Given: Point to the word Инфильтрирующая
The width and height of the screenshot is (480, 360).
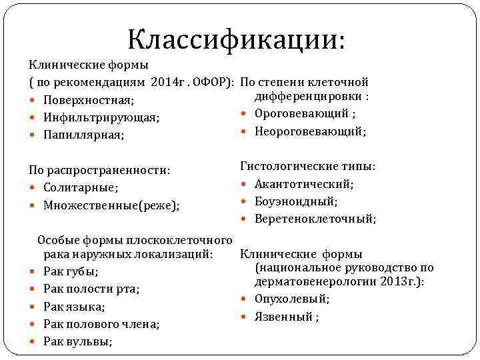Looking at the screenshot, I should [101, 117].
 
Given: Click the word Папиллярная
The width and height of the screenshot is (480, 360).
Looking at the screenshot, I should [86, 135].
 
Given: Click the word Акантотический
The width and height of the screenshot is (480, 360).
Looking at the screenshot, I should [303, 184].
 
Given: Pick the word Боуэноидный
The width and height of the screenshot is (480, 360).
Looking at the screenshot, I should [295, 201].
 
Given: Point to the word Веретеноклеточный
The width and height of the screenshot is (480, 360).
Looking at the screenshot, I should [314, 219].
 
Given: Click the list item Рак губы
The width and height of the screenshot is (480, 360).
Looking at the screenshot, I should [70, 271].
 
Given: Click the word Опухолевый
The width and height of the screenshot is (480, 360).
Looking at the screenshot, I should [291, 299].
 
